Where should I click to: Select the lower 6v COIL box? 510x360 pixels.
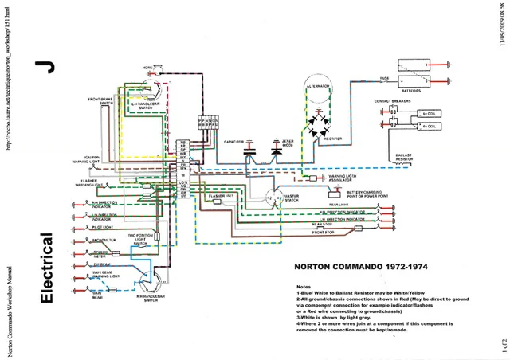point(429,126)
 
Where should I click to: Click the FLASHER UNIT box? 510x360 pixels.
point(218,195)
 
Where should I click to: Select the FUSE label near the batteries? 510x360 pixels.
point(383,79)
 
